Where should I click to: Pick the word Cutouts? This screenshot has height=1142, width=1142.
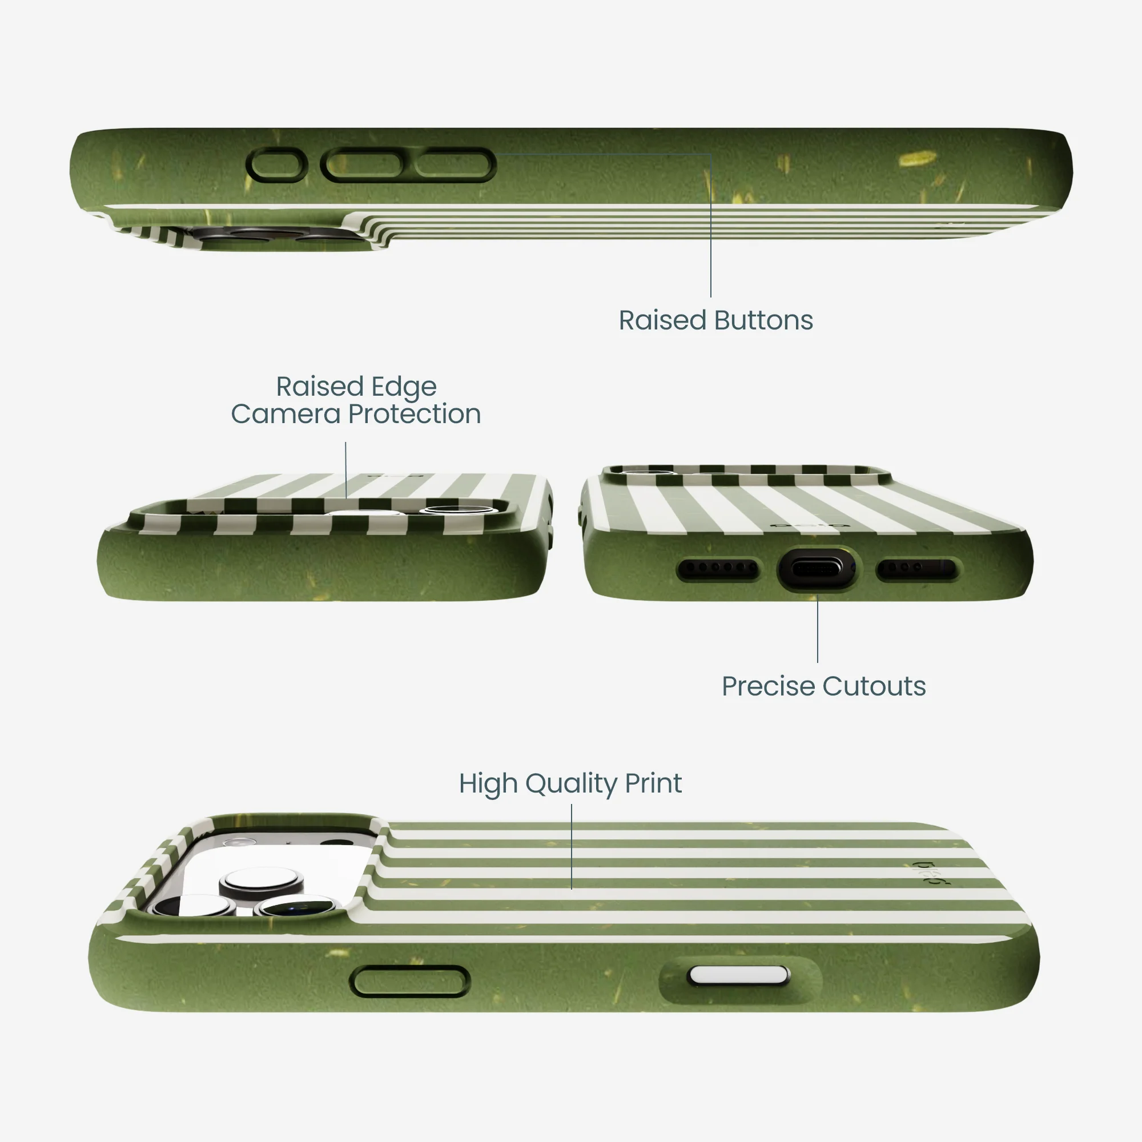click(874, 686)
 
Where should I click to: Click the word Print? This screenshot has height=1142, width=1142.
click(653, 784)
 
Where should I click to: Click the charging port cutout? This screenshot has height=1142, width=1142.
click(818, 569)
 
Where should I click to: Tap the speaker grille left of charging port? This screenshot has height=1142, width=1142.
click(718, 569)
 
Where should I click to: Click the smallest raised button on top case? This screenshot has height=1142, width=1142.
click(276, 165)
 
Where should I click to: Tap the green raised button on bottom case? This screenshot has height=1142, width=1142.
click(409, 982)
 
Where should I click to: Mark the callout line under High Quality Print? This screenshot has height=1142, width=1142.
click(572, 846)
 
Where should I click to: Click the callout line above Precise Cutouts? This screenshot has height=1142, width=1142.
click(818, 629)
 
